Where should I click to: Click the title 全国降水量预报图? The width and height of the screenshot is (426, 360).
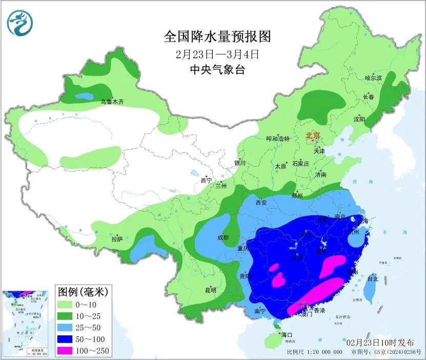(x=217, y=37)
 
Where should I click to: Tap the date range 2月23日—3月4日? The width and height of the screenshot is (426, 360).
(x=217, y=54)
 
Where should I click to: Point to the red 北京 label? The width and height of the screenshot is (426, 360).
(x=313, y=136)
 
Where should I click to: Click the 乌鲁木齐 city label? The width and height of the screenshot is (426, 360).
(x=112, y=102)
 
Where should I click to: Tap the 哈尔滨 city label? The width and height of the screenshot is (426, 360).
(x=373, y=78)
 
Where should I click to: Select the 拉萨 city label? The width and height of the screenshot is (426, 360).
(x=117, y=239)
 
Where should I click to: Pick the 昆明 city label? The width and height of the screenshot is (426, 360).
(x=211, y=290)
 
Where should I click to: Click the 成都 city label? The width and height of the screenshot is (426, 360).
(x=222, y=237)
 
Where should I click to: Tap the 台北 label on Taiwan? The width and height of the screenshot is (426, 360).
(x=373, y=279)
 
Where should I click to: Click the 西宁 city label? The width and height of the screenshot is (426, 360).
(x=206, y=180)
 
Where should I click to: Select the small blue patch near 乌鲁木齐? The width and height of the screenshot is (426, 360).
(x=84, y=96)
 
